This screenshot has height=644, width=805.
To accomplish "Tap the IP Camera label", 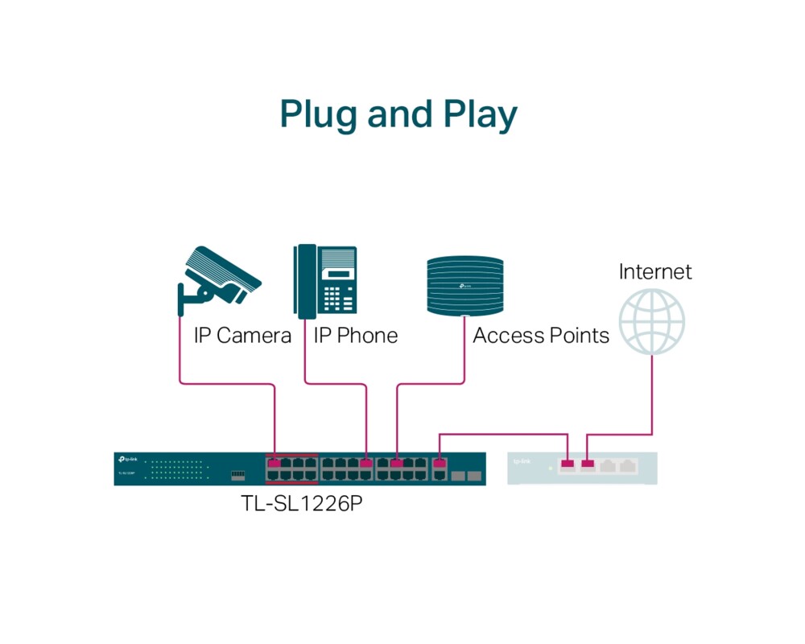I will (x=242, y=335).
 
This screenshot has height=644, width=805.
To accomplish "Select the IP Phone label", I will (x=356, y=335).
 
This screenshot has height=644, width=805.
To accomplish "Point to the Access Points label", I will (x=541, y=335).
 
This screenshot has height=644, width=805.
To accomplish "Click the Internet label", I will (x=655, y=271).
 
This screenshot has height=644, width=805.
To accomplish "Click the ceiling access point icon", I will (x=465, y=285).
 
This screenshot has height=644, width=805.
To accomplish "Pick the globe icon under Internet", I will (x=652, y=320).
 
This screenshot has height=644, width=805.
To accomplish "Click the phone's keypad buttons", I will (x=338, y=299).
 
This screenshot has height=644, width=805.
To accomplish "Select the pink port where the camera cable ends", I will (x=275, y=463).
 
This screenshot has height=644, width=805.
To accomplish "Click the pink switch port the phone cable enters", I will (x=367, y=463).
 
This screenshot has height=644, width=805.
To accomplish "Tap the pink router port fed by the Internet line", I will (x=587, y=464).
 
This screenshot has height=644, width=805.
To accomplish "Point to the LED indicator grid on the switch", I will (x=178, y=469).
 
